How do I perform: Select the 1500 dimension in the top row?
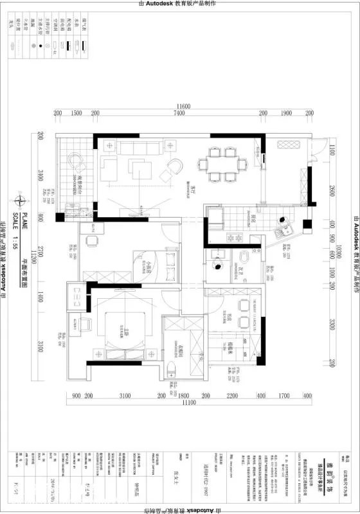pos(76,113)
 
